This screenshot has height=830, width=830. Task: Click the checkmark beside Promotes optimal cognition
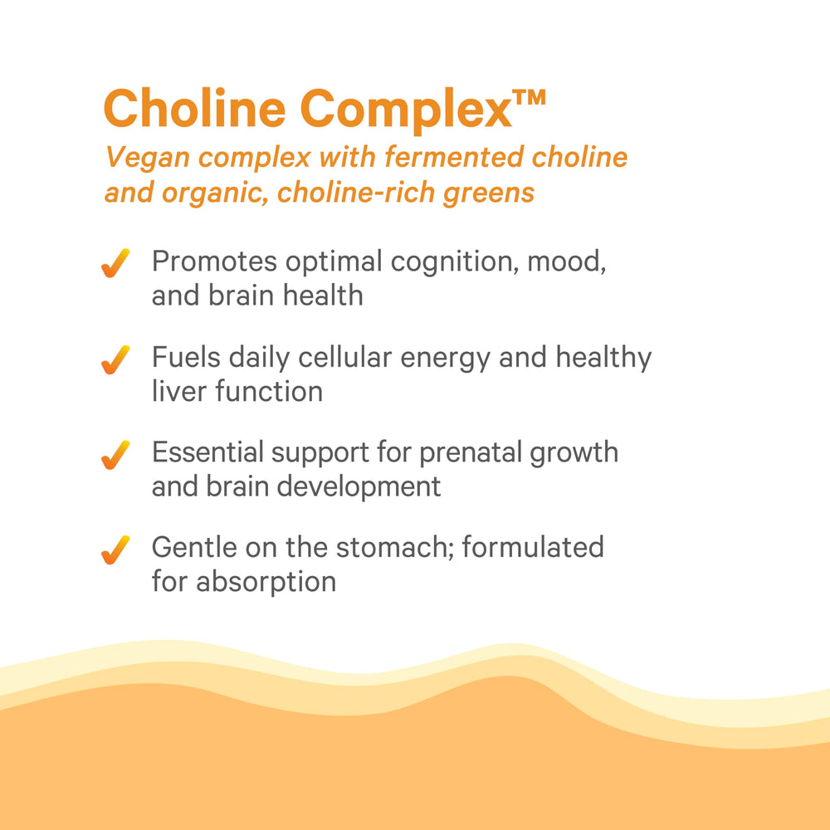[115, 264]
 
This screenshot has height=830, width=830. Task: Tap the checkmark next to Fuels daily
[115, 360]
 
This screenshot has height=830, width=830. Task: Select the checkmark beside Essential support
[115, 456]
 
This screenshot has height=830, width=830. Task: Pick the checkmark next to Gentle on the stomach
[115, 549]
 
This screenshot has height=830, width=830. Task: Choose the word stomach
[419, 548]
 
